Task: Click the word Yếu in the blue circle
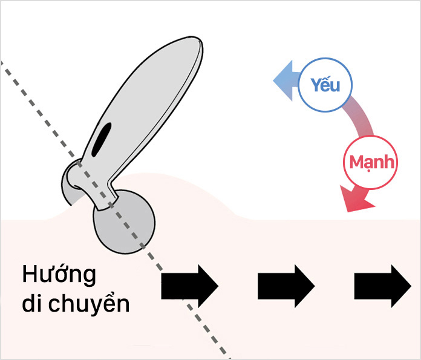[324, 85]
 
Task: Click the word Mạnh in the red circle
[372, 162]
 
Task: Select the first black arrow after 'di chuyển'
[189, 286]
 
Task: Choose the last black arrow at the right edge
[382, 286]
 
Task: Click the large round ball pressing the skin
[123, 221]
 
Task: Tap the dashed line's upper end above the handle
[3, 63]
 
